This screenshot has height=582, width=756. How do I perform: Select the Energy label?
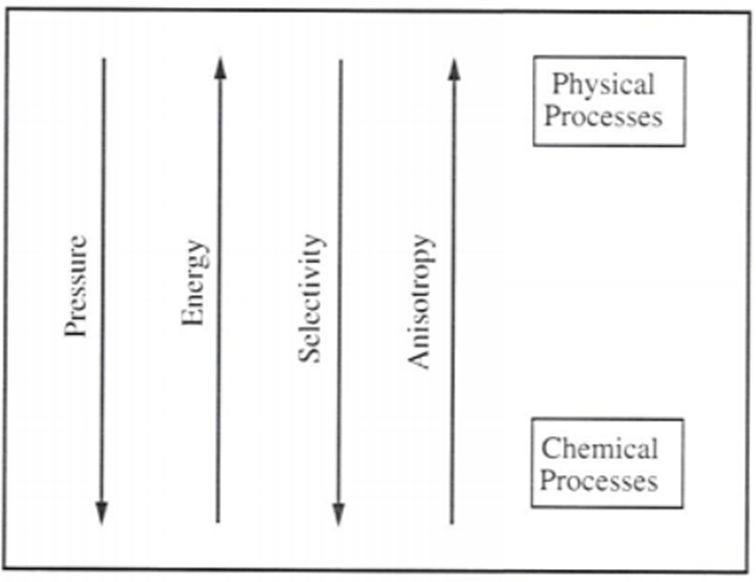[x=195, y=284]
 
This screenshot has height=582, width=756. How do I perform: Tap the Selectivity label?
[x=312, y=297]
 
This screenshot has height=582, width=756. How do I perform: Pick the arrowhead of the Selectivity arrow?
[x=338, y=512]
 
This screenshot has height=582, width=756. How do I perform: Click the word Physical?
[x=603, y=86]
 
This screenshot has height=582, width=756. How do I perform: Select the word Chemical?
[x=599, y=448]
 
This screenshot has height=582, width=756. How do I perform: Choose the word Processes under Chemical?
[x=600, y=480]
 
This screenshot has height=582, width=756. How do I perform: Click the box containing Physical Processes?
[x=608, y=101]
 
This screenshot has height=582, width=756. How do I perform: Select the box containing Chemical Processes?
[x=607, y=463]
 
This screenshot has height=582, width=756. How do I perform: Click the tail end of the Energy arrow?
[x=218, y=521]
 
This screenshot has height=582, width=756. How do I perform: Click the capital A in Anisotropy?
[x=420, y=359]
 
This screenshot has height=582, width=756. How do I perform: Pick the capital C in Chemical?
[x=550, y=448]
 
